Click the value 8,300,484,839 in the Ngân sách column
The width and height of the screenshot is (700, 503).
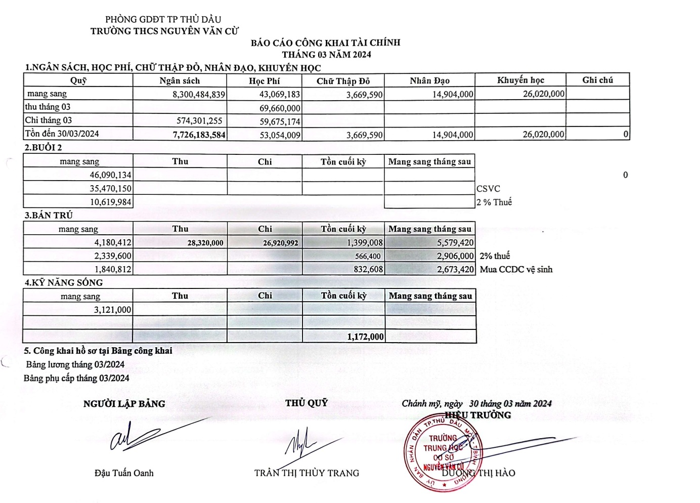(x=199, y=95)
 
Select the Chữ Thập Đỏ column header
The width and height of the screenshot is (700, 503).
(x=343, y=81)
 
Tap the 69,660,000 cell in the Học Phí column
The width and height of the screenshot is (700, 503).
(x=280, y=108)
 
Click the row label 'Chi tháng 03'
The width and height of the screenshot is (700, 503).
(x=49, y=120)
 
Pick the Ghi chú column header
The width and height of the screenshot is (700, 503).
(x=597, y=80)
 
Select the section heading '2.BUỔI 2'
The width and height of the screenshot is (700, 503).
(x=43, y=148)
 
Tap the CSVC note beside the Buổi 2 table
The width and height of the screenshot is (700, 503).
(x=488, y=189)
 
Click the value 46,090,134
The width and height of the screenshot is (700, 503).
(x=110, y=175)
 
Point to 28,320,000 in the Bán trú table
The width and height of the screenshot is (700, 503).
(x=205, y=243)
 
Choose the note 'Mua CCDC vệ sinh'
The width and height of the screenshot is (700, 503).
(x=516, y=270)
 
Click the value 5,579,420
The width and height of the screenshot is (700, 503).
(x=455, y=243)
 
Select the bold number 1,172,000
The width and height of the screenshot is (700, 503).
(x=365, y=337)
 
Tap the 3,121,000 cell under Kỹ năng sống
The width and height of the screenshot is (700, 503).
(x=112, y=310)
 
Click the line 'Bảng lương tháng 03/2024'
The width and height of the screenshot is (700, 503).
(x=75, y=364)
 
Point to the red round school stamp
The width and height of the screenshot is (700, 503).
(x=443, y=453)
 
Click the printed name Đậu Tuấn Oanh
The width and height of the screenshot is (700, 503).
(x=124, y=473)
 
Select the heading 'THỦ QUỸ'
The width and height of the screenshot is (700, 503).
(x=307, y=403)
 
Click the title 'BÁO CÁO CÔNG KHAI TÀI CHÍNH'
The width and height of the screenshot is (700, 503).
(x=325, y=43)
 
